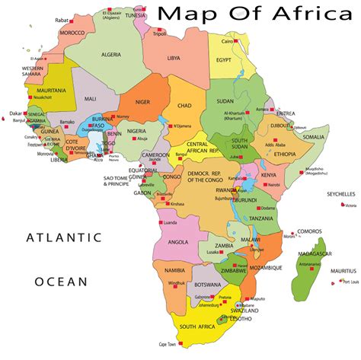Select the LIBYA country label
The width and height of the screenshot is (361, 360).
[174, 58]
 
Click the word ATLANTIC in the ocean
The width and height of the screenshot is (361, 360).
[63, 237]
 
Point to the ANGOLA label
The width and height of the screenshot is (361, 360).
[178, 241]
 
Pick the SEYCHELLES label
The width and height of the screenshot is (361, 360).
[341, 194]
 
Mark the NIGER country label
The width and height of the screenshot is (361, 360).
[143, 101]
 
